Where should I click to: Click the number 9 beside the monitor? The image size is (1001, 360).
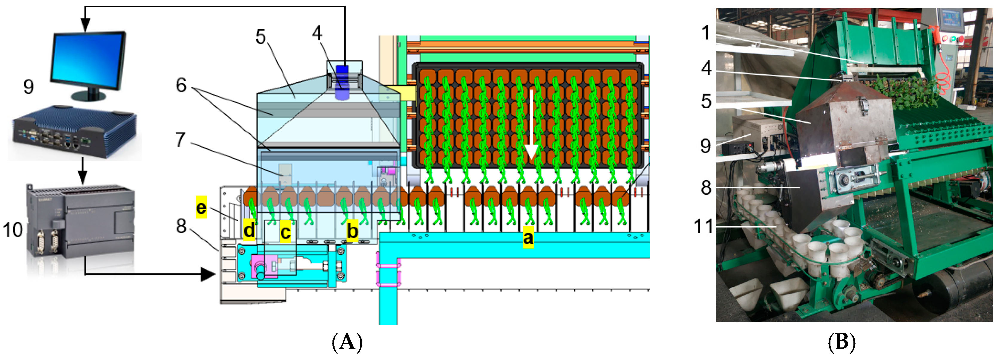[x=28, y=87]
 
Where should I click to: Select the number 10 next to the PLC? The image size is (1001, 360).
[x=13, y=230]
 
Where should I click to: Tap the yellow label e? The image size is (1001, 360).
[x=201, y=207]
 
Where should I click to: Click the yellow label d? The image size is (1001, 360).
[x=249, y=230]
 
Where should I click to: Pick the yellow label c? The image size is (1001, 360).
[x=285, y=232]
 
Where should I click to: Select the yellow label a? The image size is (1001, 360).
[x=528, y=237]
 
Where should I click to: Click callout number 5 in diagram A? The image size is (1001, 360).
[x=261, y=37]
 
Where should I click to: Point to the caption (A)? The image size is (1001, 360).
[x=347, y=342]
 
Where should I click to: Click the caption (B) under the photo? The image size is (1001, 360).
[x=842, y=342]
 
